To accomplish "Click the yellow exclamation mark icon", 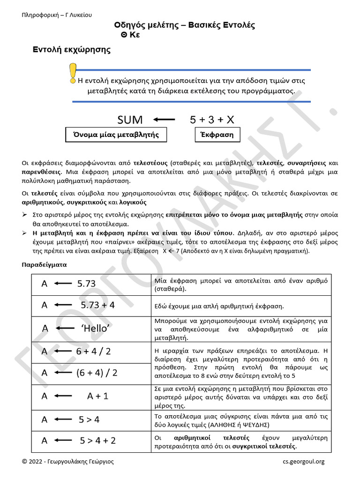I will coord(72,74).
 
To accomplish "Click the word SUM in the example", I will coord(130,120).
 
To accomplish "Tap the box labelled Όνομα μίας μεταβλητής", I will coord(116,135).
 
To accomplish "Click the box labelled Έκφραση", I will coord(217,135).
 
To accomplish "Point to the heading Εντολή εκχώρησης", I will coord(72,50).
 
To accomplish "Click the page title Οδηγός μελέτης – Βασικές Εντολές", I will coord(185,25).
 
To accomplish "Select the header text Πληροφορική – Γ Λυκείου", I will coord(57,15).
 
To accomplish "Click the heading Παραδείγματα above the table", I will coord(45,264).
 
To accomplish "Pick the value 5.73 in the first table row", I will coord(86,284).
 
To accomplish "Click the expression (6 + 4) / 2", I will coord(97,373).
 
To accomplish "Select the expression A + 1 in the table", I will coord(97,396).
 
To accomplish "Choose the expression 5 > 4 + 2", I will coord(97,441).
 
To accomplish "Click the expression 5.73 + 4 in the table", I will coord(97,305).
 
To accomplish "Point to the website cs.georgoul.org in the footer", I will coord(303,462).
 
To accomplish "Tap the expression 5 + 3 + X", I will coord(212,120).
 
